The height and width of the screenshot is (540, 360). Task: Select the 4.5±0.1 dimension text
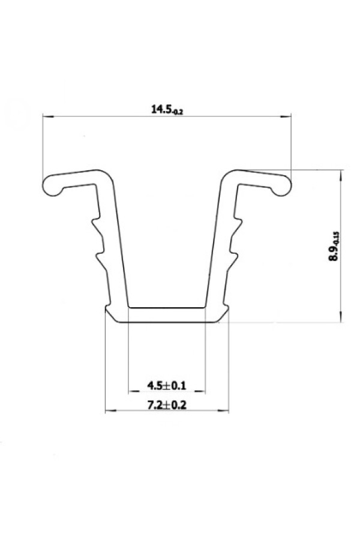click(x=167, y=385)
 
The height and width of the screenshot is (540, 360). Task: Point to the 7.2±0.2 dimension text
click(x=167, y=405)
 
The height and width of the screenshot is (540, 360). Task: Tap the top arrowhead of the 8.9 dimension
click(x=341, y=175)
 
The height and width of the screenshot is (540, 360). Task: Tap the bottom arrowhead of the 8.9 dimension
click(x=341, y=316)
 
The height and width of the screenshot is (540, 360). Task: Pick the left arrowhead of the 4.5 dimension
click(x=134, y=391)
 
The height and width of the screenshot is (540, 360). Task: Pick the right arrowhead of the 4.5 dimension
click(x=200, y=391)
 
